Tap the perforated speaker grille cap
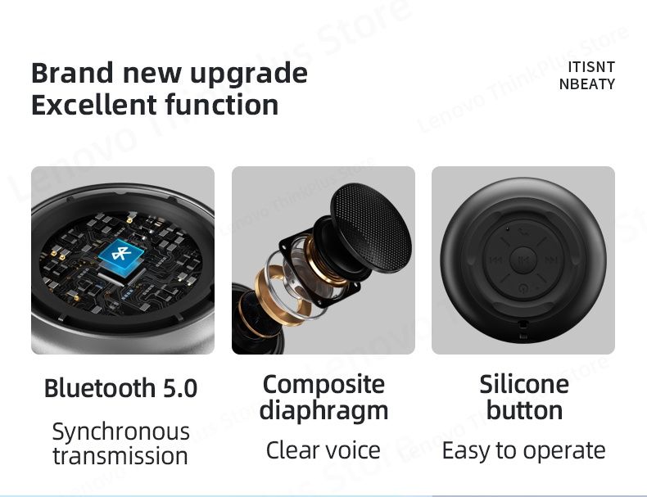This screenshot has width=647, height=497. (373, 226)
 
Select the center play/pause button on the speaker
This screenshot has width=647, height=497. (523, 260)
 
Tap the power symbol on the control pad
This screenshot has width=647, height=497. (523, 287)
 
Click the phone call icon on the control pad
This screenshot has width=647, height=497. (523, 233)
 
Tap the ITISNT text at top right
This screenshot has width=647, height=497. (590, 67)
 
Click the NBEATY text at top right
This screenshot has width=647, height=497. (586, 84)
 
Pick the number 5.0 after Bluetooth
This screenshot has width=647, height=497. (179, 387)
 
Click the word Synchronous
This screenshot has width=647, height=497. (120, 431)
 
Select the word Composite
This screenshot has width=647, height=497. (323, 383)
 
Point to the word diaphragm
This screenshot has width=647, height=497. (323, 410)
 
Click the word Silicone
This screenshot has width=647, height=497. (523, 383)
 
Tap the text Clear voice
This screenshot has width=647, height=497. (323, 450)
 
